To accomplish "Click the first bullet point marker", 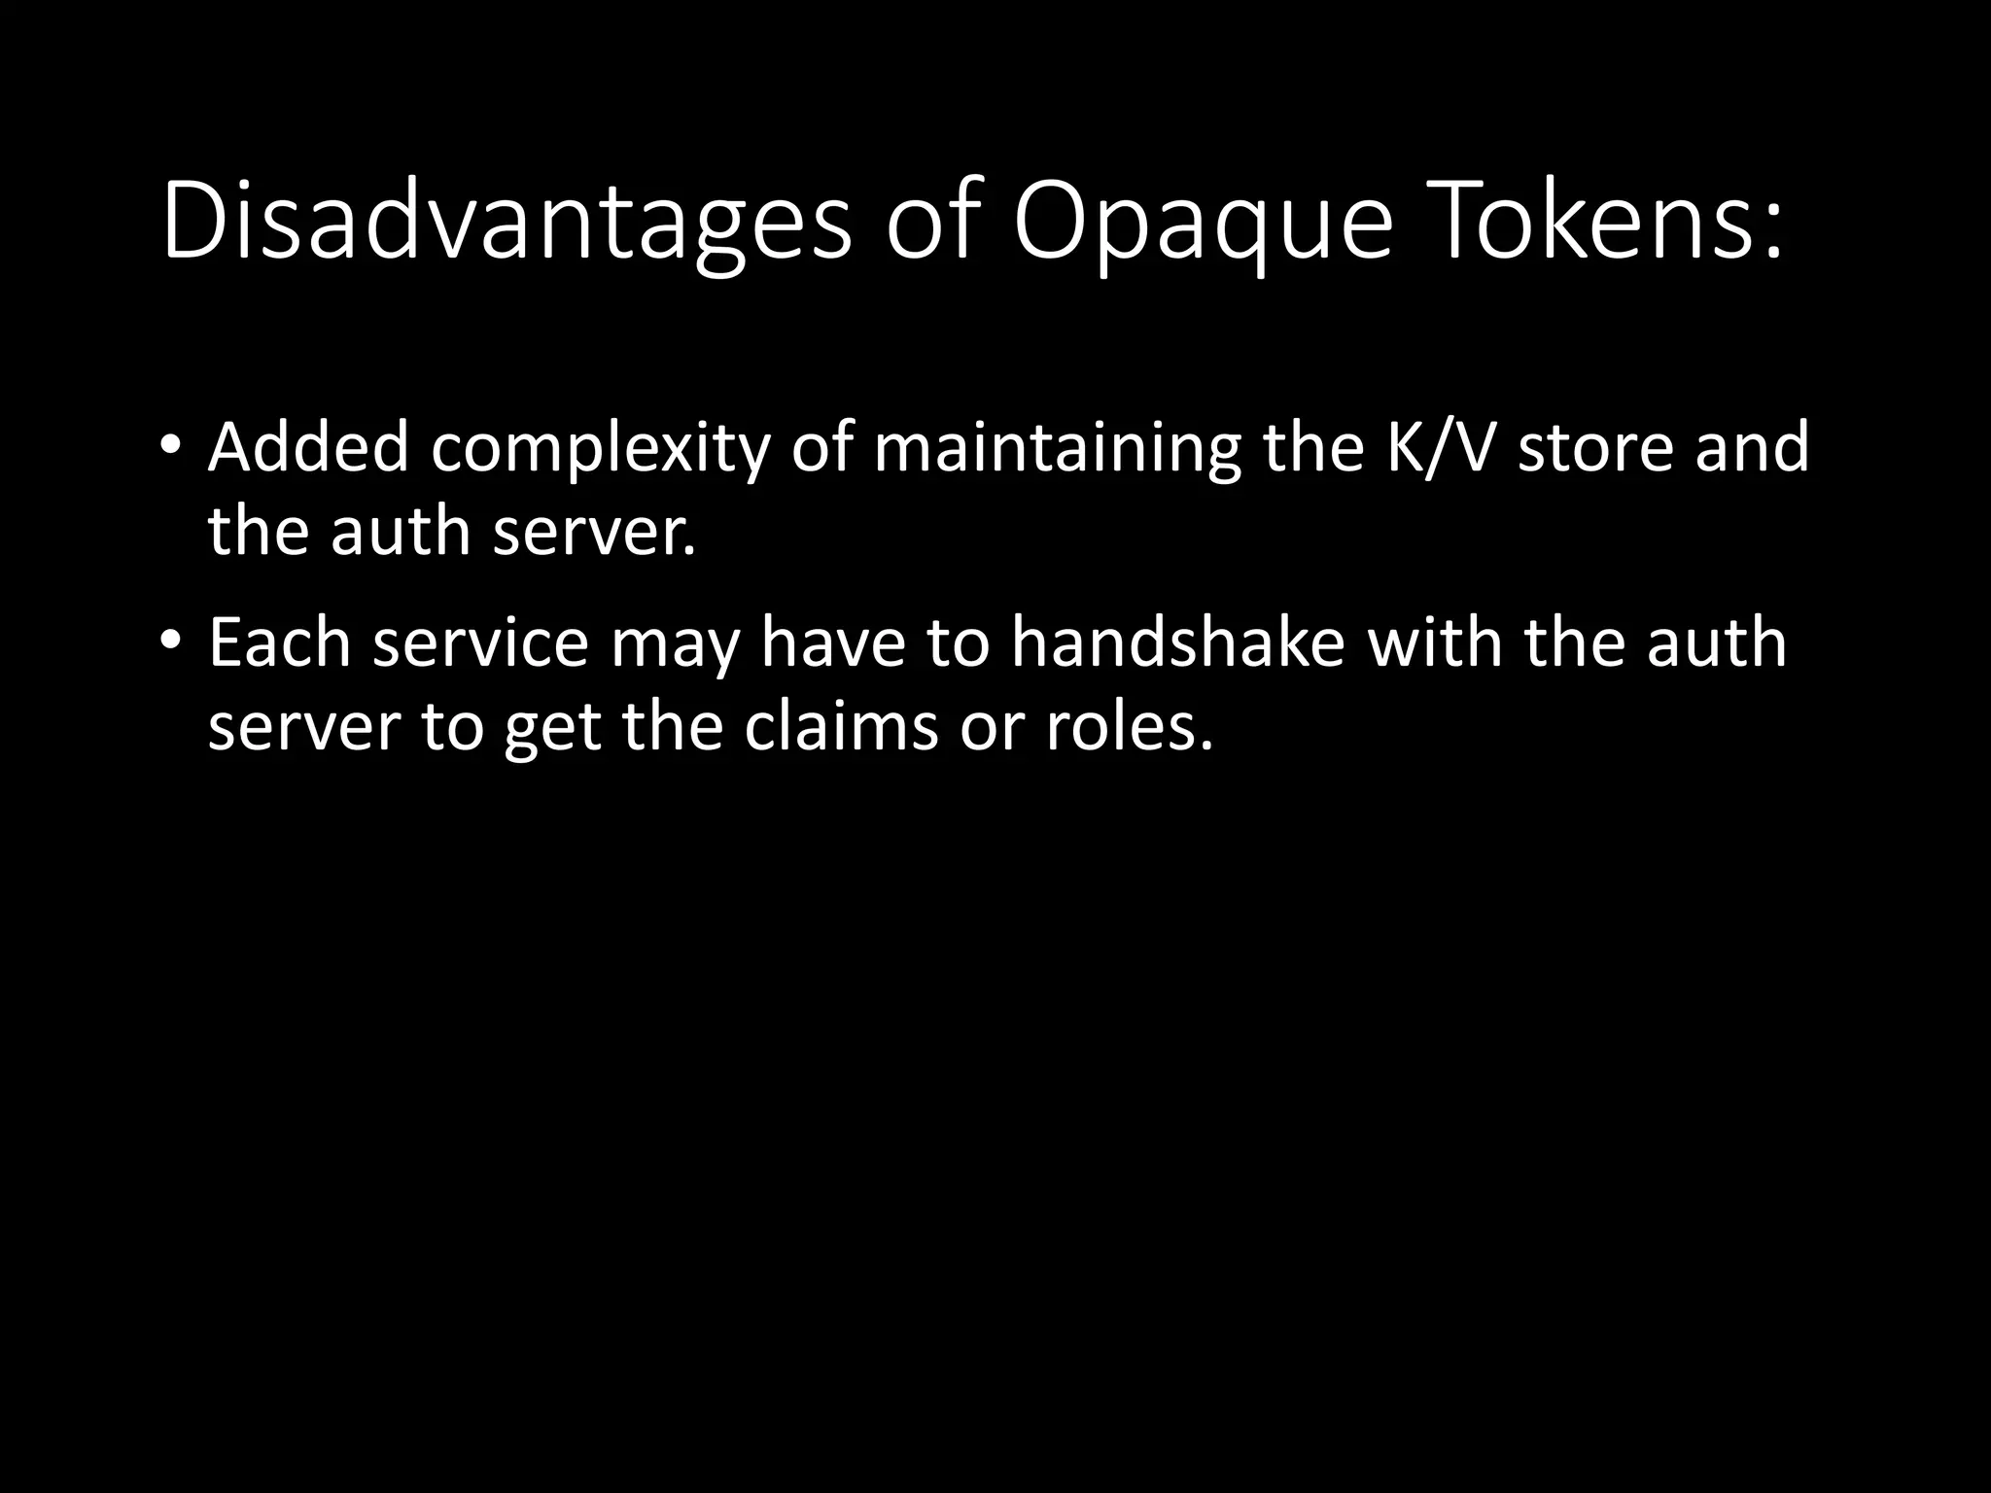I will click(170, 446).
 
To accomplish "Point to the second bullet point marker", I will click(170, 642).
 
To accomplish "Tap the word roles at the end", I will click(1128, 727).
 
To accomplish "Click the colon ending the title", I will click(1771, 233).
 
